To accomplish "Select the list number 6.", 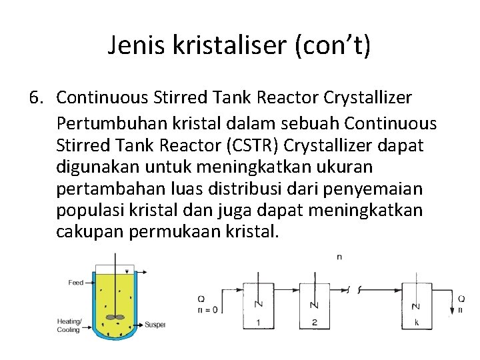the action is (37, 98).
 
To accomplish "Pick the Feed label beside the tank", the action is (76, 283).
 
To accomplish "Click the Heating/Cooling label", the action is (69, 326).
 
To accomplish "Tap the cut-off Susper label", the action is (155, 325).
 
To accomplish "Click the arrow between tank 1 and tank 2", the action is (287, 289).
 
